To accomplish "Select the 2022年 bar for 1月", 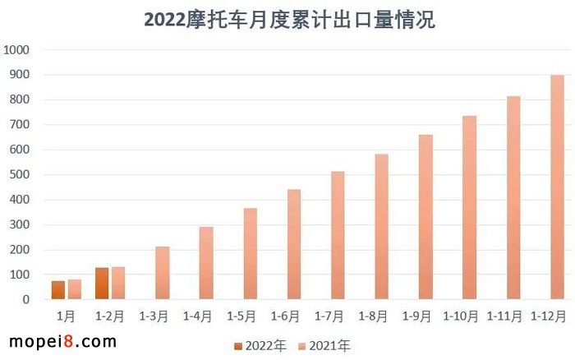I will [x=57, y=290].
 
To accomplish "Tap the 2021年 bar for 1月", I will [x=74, y=289].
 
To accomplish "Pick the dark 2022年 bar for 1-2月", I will [x=102, y=284].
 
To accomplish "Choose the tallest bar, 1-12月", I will [x=557, y=187].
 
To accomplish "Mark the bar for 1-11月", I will [x=513, y=198].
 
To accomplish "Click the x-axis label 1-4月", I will [x=197, y=316].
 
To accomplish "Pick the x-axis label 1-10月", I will [x=460, y=316].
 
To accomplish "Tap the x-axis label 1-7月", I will [x=329, y=316].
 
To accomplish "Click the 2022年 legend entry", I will [x=260, y=346].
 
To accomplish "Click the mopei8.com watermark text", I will [x=62, y=340].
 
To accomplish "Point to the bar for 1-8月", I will [x=382, y=227].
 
